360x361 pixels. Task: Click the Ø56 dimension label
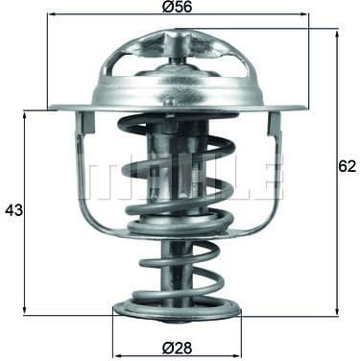click(179, 7)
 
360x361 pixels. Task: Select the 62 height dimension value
click(347, 165)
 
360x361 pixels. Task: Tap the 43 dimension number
click(13, 209)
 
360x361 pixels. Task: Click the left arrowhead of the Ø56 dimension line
click(51, 15)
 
